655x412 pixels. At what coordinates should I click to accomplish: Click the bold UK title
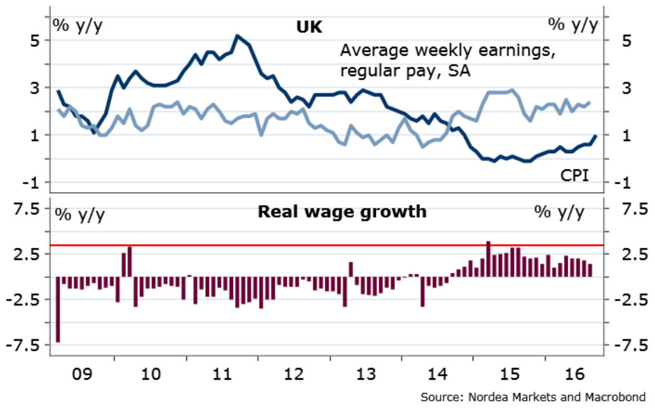pos(309,26)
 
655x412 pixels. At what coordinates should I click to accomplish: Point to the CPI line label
pos(574,176)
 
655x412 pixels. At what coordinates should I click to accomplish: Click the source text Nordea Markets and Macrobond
pos(533,397)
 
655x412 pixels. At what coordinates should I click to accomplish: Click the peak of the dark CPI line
pos(237,36)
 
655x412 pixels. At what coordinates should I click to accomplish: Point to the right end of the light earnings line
pos(589,102)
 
